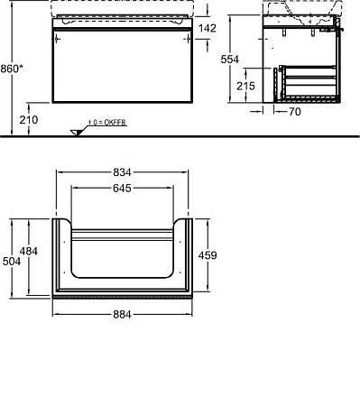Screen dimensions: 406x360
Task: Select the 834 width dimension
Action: click(x=124, y=172)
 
